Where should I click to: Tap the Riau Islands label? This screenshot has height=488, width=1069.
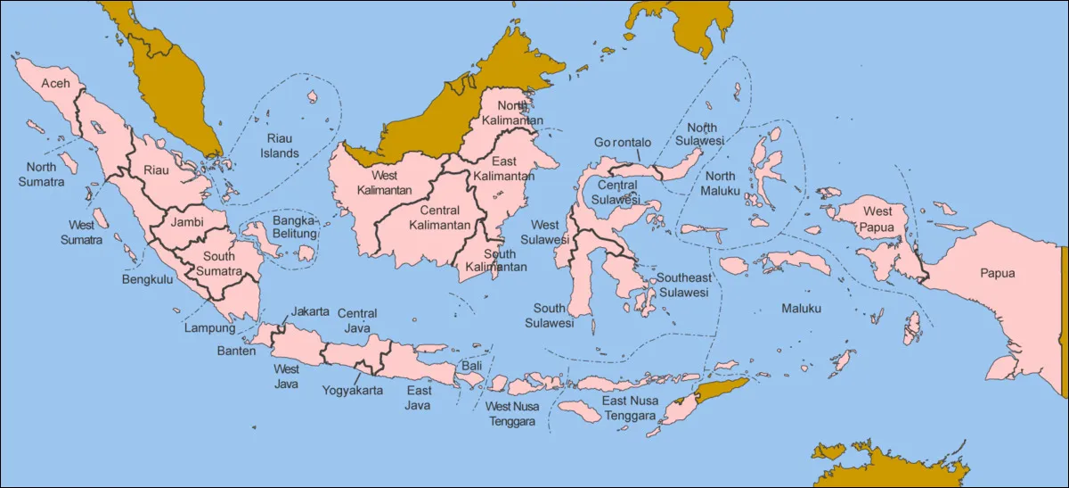[x=280, y=145]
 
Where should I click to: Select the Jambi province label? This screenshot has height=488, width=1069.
[x=187, y=221]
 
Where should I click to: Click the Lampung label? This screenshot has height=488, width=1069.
[x=210, y=327]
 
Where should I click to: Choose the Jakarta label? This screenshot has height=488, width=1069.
[x=310, y=312]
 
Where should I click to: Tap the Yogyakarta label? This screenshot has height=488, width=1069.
[x=353, y=391]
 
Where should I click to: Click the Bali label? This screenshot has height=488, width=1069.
[x=471, y=367]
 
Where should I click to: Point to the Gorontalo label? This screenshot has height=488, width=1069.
[x=623, y=143]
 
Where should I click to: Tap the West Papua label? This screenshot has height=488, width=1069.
[x=877, y=219]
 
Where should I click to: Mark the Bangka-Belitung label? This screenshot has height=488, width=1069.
[x=295, y=227]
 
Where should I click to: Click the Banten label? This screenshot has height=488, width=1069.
[x=236, y=351]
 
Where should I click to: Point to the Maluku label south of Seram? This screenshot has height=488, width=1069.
[x=801, y=309]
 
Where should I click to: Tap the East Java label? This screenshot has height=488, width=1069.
[x=419, y=398]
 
